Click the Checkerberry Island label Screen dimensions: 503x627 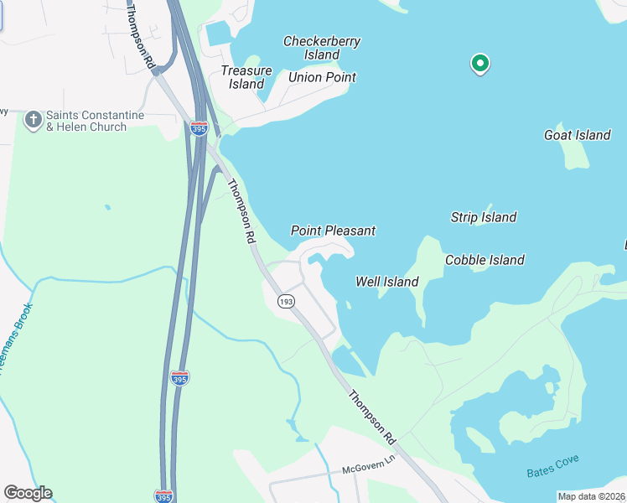pos(311,48)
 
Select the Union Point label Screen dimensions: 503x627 pos(322,77)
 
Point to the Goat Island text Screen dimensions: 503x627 pos(577,135)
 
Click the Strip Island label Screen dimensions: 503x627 pos(483,217)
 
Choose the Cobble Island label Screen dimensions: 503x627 pos(484,260)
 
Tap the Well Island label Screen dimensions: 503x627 pos(386,282)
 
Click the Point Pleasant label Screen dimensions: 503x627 pos(333,230)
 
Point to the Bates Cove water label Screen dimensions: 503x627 pos(552,467)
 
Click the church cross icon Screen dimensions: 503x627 pos(33,120)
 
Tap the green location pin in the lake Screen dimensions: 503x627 pos(479,64)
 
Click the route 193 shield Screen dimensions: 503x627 pos(287,301)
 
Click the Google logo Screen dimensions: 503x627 pos(28,493)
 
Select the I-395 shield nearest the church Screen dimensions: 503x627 pos(199,128)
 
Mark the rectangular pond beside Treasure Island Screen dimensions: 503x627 pos(218,34)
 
